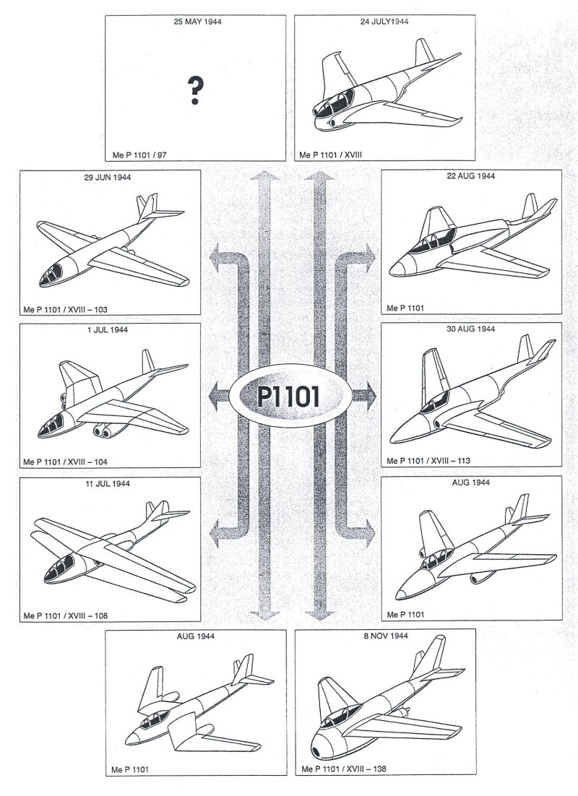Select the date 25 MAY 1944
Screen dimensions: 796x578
tap(197, 22)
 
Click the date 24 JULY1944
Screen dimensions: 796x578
tap(384, 22)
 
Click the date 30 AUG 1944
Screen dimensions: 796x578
tap(470, 329)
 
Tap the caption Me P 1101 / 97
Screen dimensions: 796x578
tap(141, 154)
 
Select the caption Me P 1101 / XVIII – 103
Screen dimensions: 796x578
tap(66, 310)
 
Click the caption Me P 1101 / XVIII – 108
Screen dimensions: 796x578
tap(66, 616)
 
